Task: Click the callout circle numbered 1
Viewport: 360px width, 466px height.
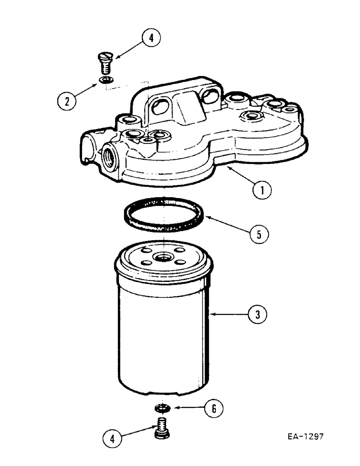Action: [262, 190]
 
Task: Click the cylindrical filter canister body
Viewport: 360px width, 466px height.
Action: [164, 336]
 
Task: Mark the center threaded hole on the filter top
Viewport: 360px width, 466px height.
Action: [164, 256]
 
